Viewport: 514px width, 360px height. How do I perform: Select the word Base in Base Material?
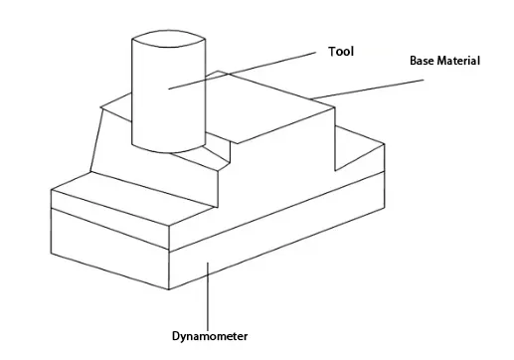424,61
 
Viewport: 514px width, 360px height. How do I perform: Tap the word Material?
459,61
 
